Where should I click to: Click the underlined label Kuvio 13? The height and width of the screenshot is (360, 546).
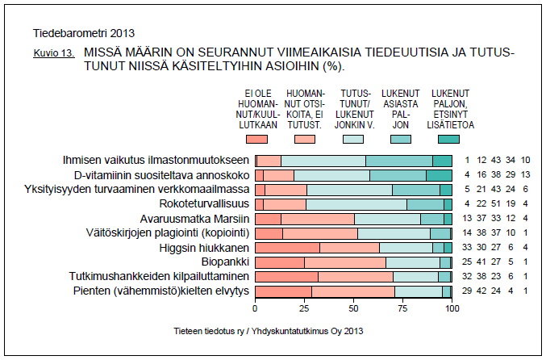52,54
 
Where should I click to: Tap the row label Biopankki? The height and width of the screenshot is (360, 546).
225,262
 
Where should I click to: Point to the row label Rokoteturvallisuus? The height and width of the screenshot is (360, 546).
205,203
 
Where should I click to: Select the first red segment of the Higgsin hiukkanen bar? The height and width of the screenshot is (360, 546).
287,247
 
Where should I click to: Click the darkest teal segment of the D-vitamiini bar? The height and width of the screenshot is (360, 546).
439,174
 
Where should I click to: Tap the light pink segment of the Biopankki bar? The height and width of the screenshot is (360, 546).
345,262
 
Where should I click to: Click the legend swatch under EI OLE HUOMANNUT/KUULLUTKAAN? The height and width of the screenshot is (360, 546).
256,140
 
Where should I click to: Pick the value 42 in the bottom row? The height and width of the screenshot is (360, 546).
482,291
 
